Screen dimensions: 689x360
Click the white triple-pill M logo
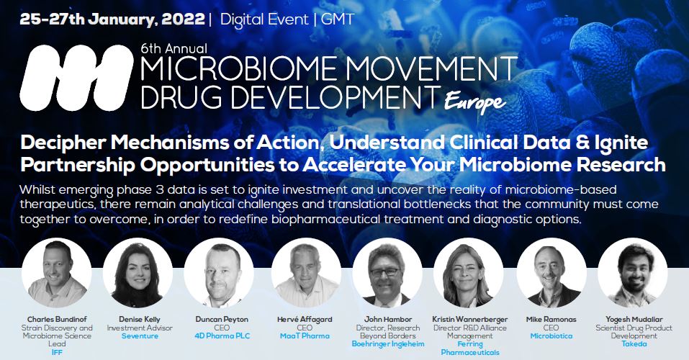[x=76, y=78]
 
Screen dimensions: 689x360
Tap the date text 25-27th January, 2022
[x=112, y=19]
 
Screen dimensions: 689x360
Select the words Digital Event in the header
[x=264, y=19]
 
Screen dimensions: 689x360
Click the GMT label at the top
[x=338, y=19]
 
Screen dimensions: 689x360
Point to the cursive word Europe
[x=474, y=102]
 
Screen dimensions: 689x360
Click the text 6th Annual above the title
[x=174, y=48]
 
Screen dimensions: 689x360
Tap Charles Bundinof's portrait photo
[x=57, y=273]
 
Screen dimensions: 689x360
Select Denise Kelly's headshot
[x=138, y=273]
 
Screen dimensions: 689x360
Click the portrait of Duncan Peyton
[x=219, y=273]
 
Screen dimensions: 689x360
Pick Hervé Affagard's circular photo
[x=306, y=273]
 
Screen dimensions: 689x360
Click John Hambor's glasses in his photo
[x=385, y=272]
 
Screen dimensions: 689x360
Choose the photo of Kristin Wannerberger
[x=469, y=273]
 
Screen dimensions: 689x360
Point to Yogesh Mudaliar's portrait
[x=633, y=273]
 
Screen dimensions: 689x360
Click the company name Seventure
[x=140, y=336]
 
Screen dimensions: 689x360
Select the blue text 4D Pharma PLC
[x=222, y=336]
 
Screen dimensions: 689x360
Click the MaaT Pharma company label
[x=305, y=336]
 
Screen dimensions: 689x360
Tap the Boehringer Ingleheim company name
[x=388, y=344]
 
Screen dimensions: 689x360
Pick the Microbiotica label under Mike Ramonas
[x=551, y=336]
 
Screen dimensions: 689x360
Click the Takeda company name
[x=634, y=344]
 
